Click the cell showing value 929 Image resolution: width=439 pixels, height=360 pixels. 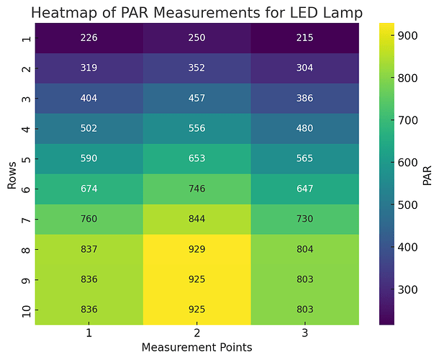(196, 249)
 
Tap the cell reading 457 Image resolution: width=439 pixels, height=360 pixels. (196, 99)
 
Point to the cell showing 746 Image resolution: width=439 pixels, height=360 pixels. (196, 189)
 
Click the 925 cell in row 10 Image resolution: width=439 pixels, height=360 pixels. (196, 310)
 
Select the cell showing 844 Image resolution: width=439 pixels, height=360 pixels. (196, 219)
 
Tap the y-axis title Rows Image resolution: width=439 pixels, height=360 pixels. (12, 174)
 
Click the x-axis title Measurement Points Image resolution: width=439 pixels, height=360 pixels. (196, 348)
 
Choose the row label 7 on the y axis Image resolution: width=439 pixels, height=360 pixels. (27, 219)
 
